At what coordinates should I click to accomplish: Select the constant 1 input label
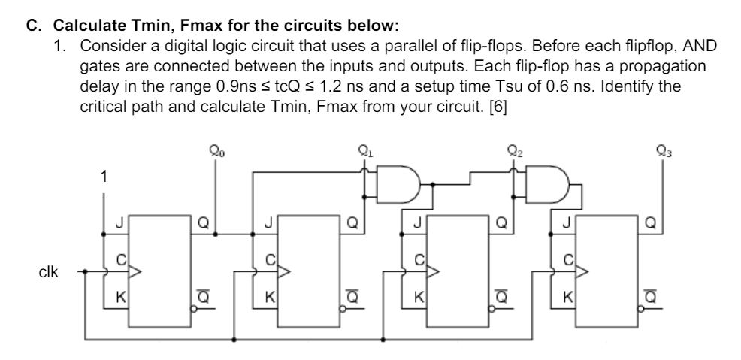[105, 177]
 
